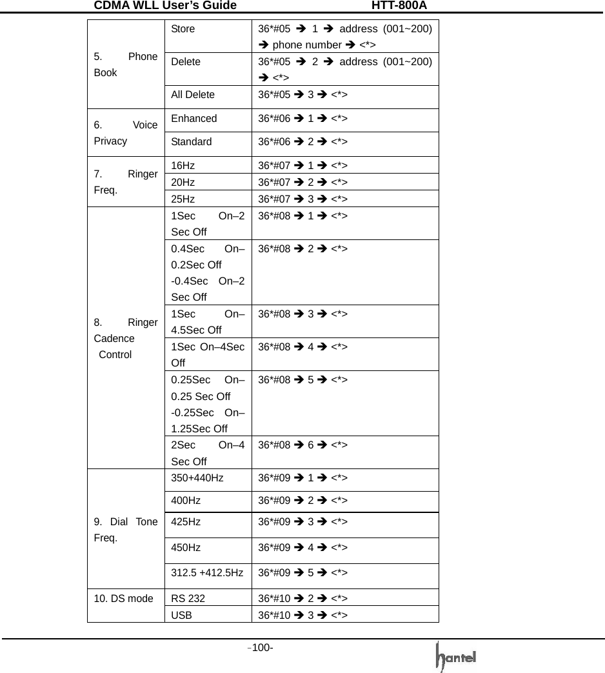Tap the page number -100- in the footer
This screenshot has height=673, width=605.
(262, 647)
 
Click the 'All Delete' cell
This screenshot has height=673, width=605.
(193, 95)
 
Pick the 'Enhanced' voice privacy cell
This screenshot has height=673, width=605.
(194, 119)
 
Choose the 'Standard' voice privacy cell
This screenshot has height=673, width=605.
(192, 142)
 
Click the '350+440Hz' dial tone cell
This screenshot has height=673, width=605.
(197, 478)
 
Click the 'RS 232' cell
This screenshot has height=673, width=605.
(188, 598)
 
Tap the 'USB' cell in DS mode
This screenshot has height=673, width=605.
(181, 615)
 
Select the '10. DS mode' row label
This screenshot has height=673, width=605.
(123, 598)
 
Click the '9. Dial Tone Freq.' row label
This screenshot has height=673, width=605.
(126, 530)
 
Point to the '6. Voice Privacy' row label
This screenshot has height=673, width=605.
(126, 134)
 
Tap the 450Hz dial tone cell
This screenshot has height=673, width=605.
(186, 548)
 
